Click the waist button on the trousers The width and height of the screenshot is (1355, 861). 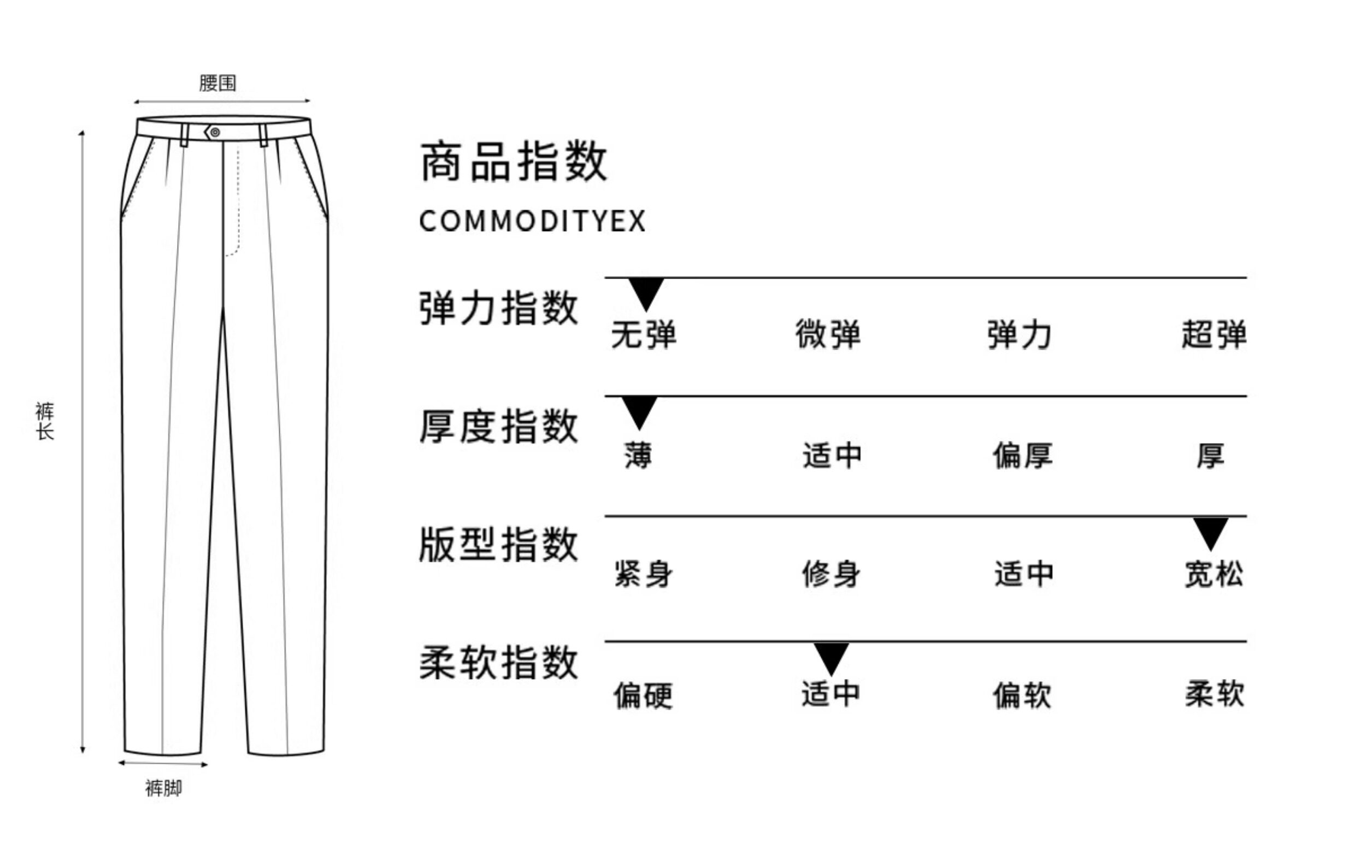215,132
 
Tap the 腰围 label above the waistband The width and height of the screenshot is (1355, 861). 218,83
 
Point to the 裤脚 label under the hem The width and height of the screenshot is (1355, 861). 164,788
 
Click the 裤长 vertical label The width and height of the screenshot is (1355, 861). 45,420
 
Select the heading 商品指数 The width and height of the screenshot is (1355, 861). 514,162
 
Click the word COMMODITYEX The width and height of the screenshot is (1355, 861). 532,221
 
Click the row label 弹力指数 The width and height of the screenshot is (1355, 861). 498,308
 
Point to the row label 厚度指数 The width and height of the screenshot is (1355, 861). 498,427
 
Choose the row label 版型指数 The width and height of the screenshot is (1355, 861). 498,545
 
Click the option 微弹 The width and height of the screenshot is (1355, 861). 828,334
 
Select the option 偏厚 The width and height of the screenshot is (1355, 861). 1022,455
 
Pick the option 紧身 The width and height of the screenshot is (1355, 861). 643,575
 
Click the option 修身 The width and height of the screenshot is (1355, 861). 831,575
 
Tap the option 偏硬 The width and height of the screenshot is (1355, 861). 643,695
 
